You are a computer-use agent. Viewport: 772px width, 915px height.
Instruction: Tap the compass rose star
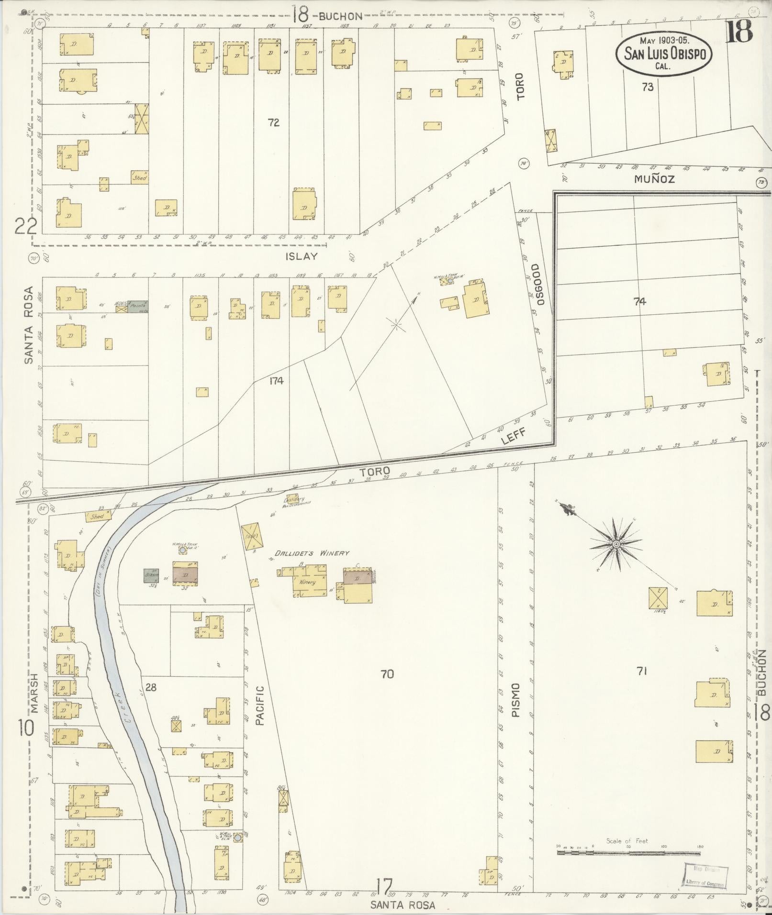tap(616, 545)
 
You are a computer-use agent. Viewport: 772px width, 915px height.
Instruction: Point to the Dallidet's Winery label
tap(311, 553)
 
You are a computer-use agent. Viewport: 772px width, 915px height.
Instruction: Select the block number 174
tap(276, 381)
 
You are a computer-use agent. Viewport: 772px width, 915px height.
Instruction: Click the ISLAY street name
tap(302, 256)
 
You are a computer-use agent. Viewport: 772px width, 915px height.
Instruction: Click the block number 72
tap(273, 123)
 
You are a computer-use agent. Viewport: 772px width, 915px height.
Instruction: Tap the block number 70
tap(387, 674)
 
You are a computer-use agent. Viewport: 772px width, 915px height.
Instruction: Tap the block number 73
tap(648, 88)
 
